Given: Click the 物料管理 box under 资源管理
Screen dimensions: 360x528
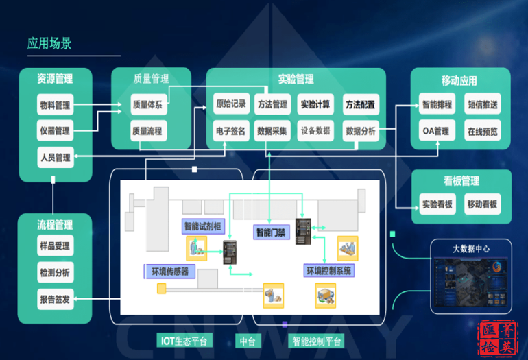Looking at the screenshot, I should tap(55, 106).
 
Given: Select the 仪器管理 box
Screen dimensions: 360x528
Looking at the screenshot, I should tap(55, 130).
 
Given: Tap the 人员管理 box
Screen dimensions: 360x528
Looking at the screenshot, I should tap(55, 157).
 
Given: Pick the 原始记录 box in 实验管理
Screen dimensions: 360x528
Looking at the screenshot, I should tap(230, 105).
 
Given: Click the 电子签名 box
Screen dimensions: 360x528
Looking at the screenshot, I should tap(230, 131).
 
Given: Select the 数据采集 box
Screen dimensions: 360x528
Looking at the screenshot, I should tap(272, 131).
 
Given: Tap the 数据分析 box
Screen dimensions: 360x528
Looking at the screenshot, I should tap(360, 131).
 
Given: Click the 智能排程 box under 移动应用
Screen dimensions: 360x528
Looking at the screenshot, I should tap(437, 106).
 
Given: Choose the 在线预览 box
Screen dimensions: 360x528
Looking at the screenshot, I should tap(483, 131).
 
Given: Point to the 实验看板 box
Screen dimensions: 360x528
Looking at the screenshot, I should tap(437, 204).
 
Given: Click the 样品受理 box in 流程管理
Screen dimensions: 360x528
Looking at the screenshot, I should tap(55, 246).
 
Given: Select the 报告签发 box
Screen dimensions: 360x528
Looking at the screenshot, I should tap(55, 299).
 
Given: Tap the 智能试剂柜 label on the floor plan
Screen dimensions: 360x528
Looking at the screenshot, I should tap(202, 226).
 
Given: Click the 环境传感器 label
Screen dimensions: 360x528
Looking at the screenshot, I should tap(170, 271).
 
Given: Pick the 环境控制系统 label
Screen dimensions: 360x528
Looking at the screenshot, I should tap(328, 271).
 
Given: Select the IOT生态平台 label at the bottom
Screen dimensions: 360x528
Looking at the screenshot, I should tap(182, 341).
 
